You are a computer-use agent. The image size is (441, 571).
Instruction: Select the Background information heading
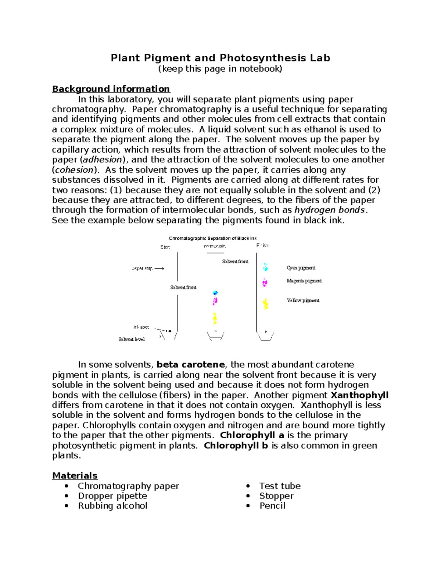(111, 89)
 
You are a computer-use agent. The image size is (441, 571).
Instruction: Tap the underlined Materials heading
(75, 475)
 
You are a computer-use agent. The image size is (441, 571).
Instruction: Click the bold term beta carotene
(190, 365)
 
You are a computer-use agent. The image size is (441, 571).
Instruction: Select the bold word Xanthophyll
(359, 395)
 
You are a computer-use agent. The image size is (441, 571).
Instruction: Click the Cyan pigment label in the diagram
(301, 268)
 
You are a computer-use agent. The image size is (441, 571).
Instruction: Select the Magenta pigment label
(304, 281)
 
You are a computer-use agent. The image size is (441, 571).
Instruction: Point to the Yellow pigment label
(303, 300)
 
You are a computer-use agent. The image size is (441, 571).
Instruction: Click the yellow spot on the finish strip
(265, 304)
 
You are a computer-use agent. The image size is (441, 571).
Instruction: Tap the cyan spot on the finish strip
(265, 267)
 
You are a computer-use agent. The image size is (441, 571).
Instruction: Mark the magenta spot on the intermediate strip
(215, 301)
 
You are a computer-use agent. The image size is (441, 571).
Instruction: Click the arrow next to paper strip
(159, 269)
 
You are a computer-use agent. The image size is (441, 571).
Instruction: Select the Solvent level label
(131, 339)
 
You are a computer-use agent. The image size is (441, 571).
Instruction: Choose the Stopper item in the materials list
(276, 496)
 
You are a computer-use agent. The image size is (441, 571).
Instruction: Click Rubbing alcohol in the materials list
(112, 506)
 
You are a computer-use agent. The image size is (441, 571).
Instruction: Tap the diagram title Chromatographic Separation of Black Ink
(212, 238)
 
